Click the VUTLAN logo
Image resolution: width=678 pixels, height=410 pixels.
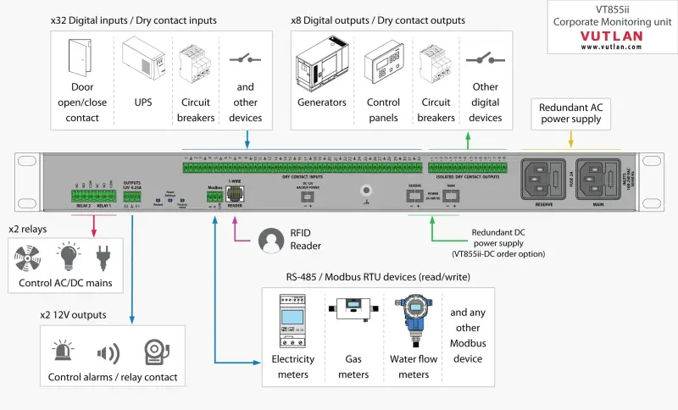point(611,36)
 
